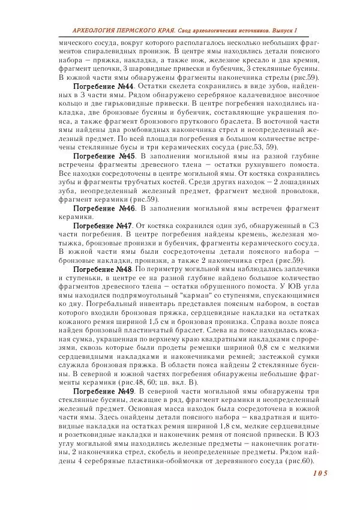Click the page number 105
(x=317, y=473)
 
